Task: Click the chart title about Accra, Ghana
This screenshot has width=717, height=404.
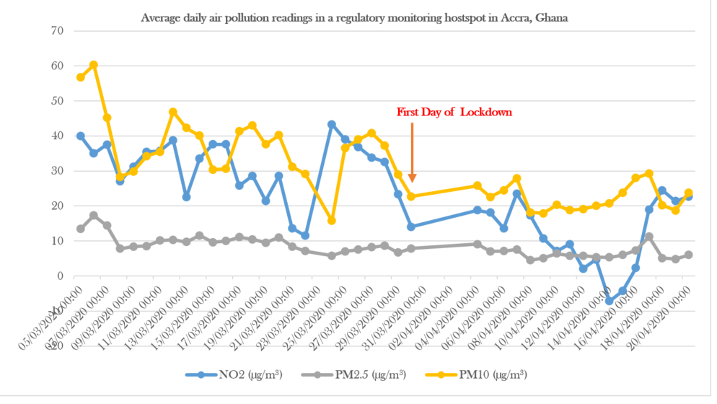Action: pyautogui.click(x=354, y=18)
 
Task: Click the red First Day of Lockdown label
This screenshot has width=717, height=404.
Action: pyautogui.click(x=454, y=113)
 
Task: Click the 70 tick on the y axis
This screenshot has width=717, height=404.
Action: pyautogui.click(x=57, y=31)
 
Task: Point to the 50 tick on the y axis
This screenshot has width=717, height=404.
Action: pyautogui.click(x=57, y=101)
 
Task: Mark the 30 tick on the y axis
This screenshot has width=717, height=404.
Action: pyautogui.click(x=57, y=171)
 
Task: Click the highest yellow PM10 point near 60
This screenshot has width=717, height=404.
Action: pyautogui.click(x=94, y=65)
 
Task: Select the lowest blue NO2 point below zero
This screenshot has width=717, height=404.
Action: pyautogui.click(x=610, y=300)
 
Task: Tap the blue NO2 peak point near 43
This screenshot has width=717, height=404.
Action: pyautogui.click(x=332, y=125)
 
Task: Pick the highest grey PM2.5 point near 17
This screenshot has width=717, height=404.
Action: pyautogui.click(x=94, y=216)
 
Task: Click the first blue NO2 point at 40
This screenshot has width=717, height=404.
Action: pyautogui.click(x=81, y=136)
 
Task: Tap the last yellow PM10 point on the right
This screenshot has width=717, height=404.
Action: pyautogui.click(x=689, y=193)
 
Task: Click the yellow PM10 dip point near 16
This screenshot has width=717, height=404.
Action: pyautogui.click(x=332, y=221)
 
